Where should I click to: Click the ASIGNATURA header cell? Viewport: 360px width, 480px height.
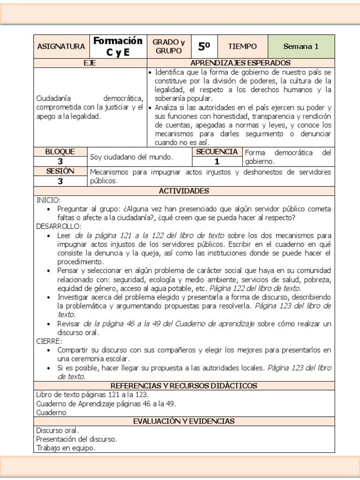tap(60, 46)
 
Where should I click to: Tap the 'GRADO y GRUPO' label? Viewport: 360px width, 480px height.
tap(169, 46)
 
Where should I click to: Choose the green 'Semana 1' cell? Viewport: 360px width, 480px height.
tap(300, 46)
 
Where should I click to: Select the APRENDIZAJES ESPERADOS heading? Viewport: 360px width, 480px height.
tap(240, 63)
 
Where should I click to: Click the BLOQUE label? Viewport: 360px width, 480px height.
tap(60, 152)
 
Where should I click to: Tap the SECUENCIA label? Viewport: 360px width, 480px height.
tap(217, 152)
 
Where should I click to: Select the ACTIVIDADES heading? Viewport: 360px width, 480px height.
tap(184, 191)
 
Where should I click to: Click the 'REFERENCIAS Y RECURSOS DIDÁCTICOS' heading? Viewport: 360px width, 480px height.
tap(184, 385)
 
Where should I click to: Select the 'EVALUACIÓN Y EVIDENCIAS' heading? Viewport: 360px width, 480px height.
tap(184, 421)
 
